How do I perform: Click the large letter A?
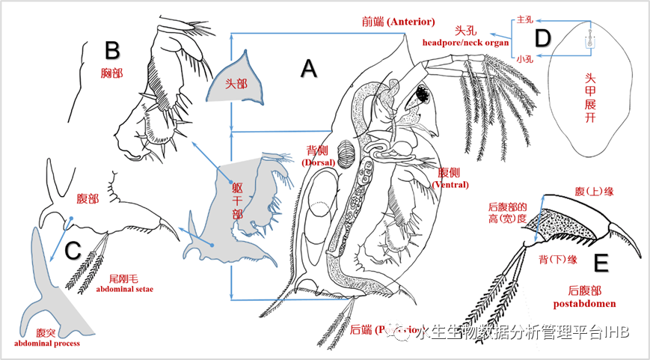[x=309, y=69]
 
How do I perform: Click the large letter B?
[x=111, y=51]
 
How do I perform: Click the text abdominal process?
[x=46, y=344]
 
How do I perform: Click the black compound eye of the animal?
[x=422, y=95]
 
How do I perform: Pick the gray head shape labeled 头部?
[x=232, y=82]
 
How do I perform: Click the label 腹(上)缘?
[x=594, y=192]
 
